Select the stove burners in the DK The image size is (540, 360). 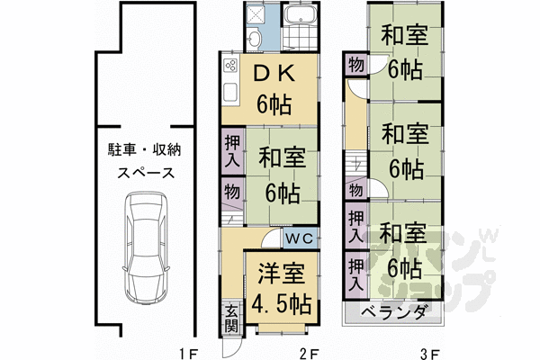point(229,66)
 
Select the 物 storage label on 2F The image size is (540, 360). point(230,191)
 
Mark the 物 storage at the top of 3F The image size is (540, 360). point(355,65)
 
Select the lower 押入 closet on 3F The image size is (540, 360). point(355,272)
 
